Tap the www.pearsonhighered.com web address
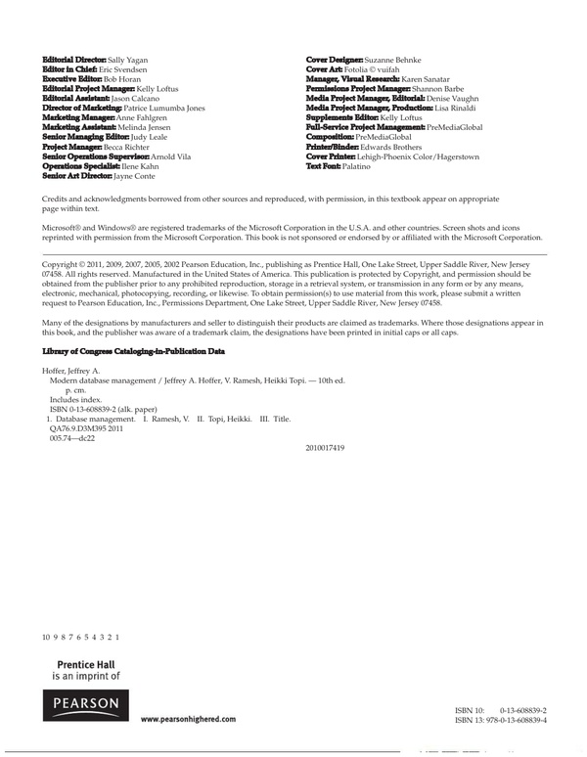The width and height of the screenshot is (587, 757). [x=188, y=719]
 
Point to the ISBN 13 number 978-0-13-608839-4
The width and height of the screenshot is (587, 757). [x=514, y=720]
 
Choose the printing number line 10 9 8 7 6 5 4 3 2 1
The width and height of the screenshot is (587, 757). [x=81, y=637]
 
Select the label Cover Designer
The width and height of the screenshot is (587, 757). [x=336, y=61]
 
